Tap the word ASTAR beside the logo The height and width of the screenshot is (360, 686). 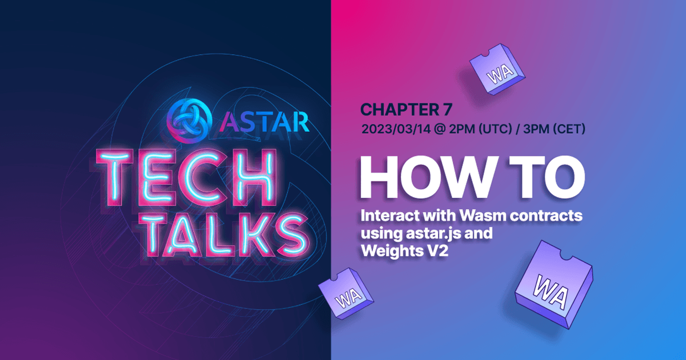264,122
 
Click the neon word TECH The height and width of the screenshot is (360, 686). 187,177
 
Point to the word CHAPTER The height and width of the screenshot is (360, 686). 398,109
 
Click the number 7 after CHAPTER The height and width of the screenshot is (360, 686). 446,109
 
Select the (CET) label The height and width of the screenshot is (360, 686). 569,129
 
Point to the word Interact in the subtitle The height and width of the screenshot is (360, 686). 390,215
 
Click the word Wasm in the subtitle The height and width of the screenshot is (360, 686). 483,215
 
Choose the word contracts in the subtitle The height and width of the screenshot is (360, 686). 546,216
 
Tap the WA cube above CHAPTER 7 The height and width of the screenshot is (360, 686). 497,70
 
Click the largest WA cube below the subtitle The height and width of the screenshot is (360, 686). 555,284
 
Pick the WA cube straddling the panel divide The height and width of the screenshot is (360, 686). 346,293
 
